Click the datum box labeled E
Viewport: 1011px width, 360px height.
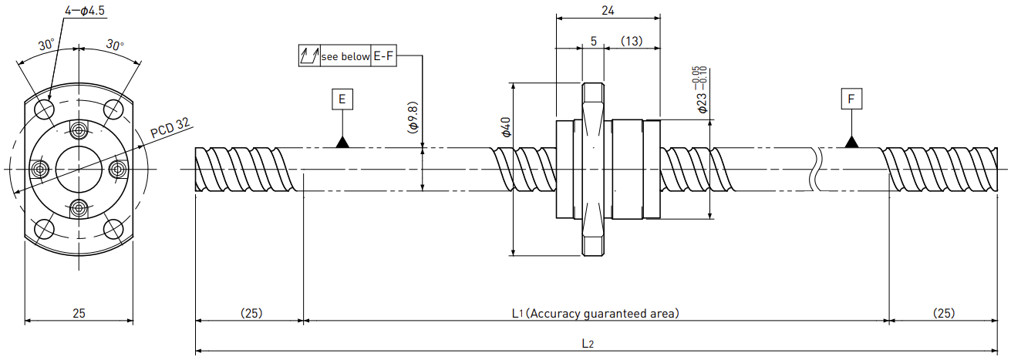[342, 99]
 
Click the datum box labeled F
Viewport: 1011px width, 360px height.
[851, 99]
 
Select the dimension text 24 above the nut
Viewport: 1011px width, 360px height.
[608, 10]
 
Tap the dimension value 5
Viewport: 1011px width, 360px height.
[594, 41]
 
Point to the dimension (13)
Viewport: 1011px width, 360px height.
[632, 41]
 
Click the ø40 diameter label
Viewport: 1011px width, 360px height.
[506, 126]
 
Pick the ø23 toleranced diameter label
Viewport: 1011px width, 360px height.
[701, 90]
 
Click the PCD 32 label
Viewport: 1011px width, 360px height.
[170, 128]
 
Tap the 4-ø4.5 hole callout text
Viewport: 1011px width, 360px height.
[85, 10]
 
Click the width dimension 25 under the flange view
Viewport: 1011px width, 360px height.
[79, 313]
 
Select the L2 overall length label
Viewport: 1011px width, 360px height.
[588, 344]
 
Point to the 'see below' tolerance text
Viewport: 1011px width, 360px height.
[345, 56]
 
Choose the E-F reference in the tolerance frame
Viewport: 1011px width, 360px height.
[383, 56]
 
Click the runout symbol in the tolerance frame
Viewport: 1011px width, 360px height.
[309, 56]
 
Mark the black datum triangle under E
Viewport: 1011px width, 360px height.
[342, 142]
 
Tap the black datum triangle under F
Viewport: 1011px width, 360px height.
[851, 142]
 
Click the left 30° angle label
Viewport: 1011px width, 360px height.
[46, 45]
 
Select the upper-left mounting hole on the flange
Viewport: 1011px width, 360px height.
[45, 109]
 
